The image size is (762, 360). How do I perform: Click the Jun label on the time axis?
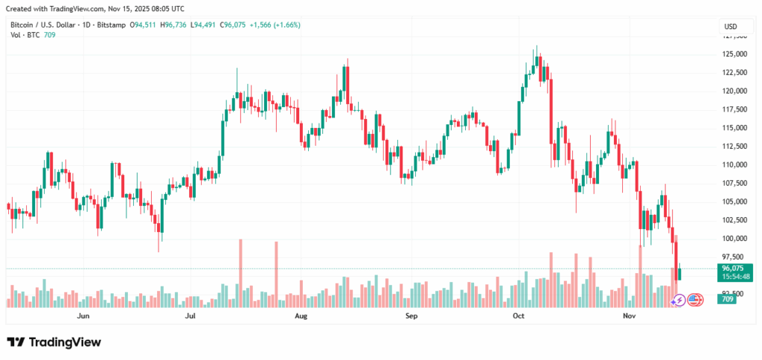pos(83,316)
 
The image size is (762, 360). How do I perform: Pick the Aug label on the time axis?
pos(301,316)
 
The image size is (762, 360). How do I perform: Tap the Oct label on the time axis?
pos(519,316)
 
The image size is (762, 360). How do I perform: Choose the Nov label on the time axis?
pos(629,316)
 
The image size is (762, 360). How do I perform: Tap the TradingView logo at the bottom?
pos(54,342)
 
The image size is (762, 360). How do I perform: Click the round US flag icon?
pos(695,300)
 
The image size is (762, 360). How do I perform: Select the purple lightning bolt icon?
pos(679,300)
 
